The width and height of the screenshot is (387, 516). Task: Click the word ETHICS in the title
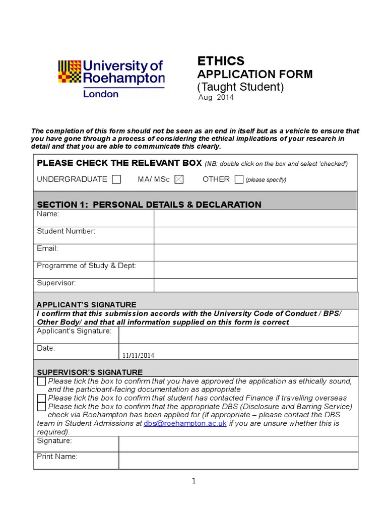(220, 61)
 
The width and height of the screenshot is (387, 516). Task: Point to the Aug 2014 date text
(216, 97)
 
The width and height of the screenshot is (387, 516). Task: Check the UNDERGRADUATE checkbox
(116, 179)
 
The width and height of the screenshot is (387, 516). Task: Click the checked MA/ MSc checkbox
(178, 179)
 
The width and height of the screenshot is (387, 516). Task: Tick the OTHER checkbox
(239, 179)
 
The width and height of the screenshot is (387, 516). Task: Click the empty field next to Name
(255, 218)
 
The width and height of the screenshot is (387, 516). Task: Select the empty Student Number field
(255, 235)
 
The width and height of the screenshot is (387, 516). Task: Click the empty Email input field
(255, 252)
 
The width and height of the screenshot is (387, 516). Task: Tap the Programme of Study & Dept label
(86, 266)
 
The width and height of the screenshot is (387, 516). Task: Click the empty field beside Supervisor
(255, 285)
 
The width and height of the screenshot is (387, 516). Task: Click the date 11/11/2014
(138, 355)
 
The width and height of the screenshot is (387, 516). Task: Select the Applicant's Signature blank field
(238, 335)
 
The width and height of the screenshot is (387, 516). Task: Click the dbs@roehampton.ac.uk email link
(185, 424)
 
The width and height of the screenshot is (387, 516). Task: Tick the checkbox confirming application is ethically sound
(41, 381)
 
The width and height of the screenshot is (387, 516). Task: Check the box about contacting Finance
(41, 398)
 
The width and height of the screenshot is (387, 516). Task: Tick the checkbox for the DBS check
(41, 407)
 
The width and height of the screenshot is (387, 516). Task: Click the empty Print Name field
(238, 461)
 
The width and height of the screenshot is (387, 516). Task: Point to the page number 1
(193, 481)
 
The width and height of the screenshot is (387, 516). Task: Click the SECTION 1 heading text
(149, 204)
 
